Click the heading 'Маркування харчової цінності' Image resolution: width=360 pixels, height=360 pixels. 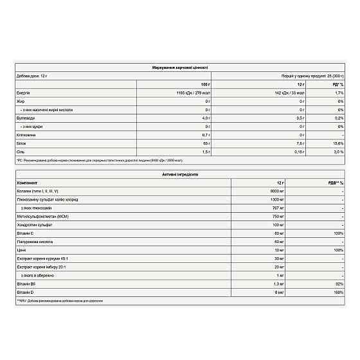pos(179,67)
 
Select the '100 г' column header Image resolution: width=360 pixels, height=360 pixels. pos(206,84)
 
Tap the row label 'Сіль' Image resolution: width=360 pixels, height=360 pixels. pos(21,152)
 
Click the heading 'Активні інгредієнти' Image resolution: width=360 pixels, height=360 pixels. pos(179,174)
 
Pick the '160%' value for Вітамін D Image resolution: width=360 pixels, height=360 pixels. pos(337,292)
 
